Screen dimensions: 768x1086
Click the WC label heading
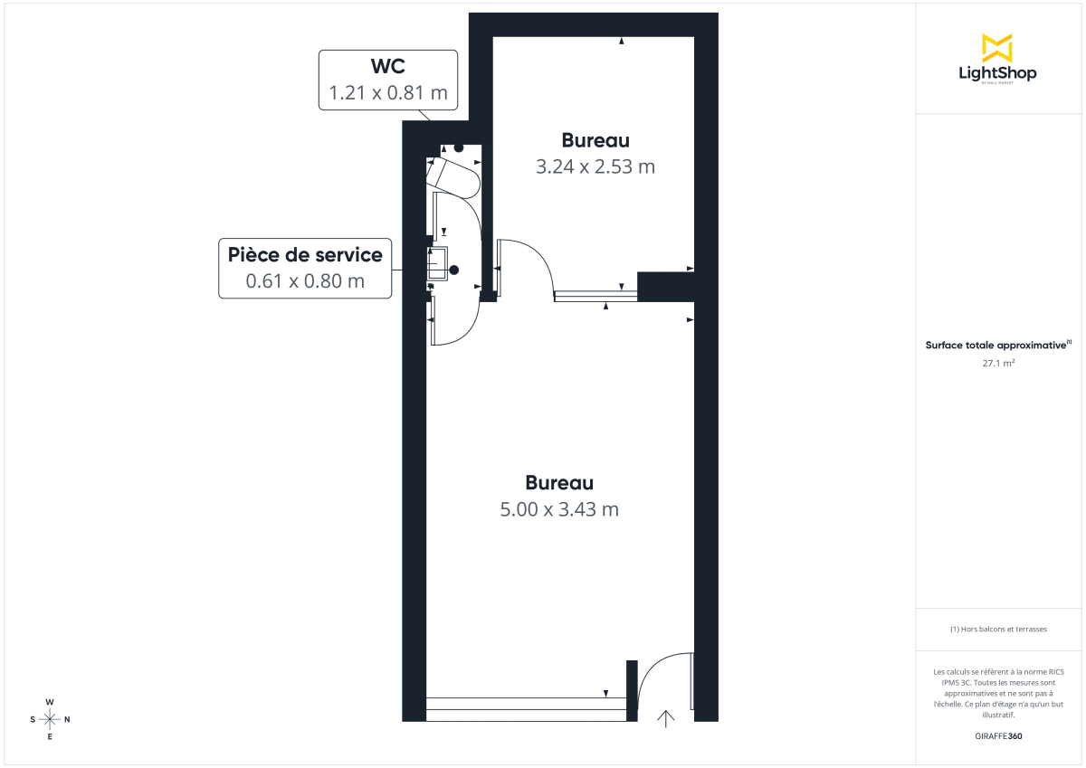[387, 67]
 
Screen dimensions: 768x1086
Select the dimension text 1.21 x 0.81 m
[387, 93]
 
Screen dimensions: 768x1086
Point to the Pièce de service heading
[305, 254]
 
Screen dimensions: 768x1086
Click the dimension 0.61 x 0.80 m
[305, 281]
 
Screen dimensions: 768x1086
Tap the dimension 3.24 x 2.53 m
[595, 167]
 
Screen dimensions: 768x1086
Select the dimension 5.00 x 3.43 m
[559, 509]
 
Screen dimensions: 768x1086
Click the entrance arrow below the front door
[666, 718]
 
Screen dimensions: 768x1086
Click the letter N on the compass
[67, 720]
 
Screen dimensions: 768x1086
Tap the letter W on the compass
[50, 702]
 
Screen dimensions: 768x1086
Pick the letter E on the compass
[50, 737]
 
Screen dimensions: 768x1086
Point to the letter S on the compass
[33, 720]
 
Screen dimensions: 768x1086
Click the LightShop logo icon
[997, 48]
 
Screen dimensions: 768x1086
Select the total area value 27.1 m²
[997, 363]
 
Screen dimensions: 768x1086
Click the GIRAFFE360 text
[997, 736]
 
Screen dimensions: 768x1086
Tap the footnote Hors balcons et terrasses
[997, 629]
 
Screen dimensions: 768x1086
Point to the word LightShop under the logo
[997, 73]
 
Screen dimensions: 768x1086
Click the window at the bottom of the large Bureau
[526, 709]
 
